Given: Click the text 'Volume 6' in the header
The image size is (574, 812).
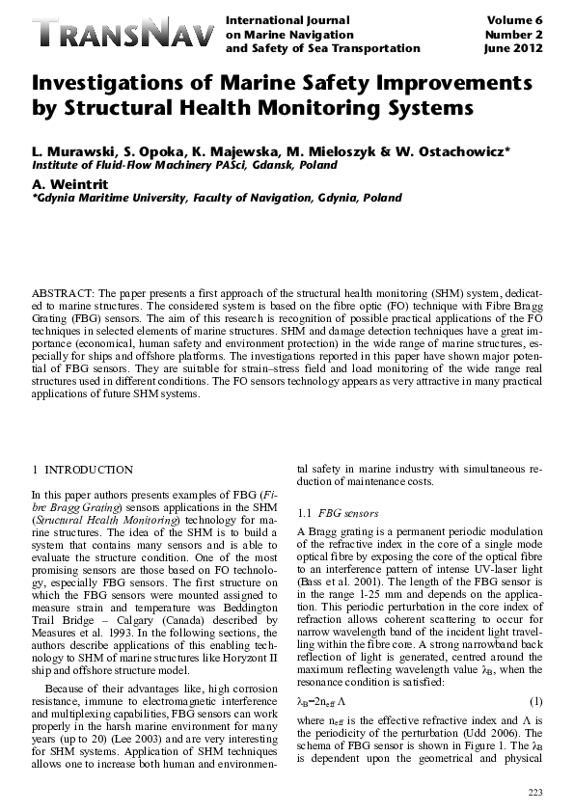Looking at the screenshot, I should click(x=517, y=19).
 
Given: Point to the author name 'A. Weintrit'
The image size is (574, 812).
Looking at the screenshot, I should click(x=69, y=182).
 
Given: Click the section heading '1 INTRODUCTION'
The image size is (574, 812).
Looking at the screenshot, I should click(x=83, y=470).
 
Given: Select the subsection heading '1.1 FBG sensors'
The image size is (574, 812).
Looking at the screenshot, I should click(x=338, y=511).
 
